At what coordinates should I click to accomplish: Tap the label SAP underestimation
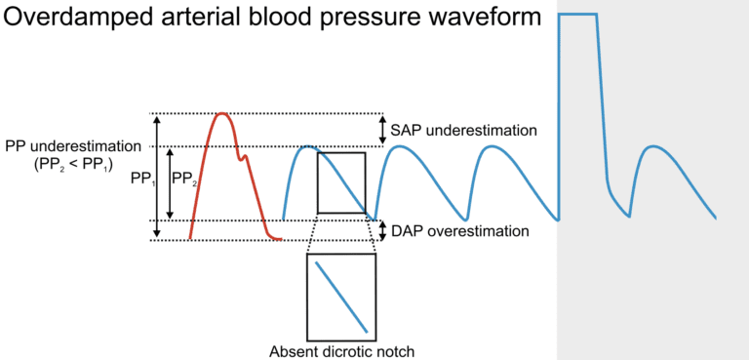click(464, 130)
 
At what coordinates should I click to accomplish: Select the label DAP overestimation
click(460, 231)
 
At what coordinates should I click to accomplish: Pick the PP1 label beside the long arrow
click(142, 180)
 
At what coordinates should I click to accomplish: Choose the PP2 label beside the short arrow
click(184, 180)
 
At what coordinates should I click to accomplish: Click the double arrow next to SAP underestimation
click(381, 130)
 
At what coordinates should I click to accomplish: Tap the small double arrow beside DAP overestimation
click(381, 230)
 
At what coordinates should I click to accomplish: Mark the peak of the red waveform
click(222, 114)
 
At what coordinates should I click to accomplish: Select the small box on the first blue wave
click(341, 182)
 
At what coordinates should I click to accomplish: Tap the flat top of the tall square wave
click(577, 15)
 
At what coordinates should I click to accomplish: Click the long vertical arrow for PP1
click(156, 177)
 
